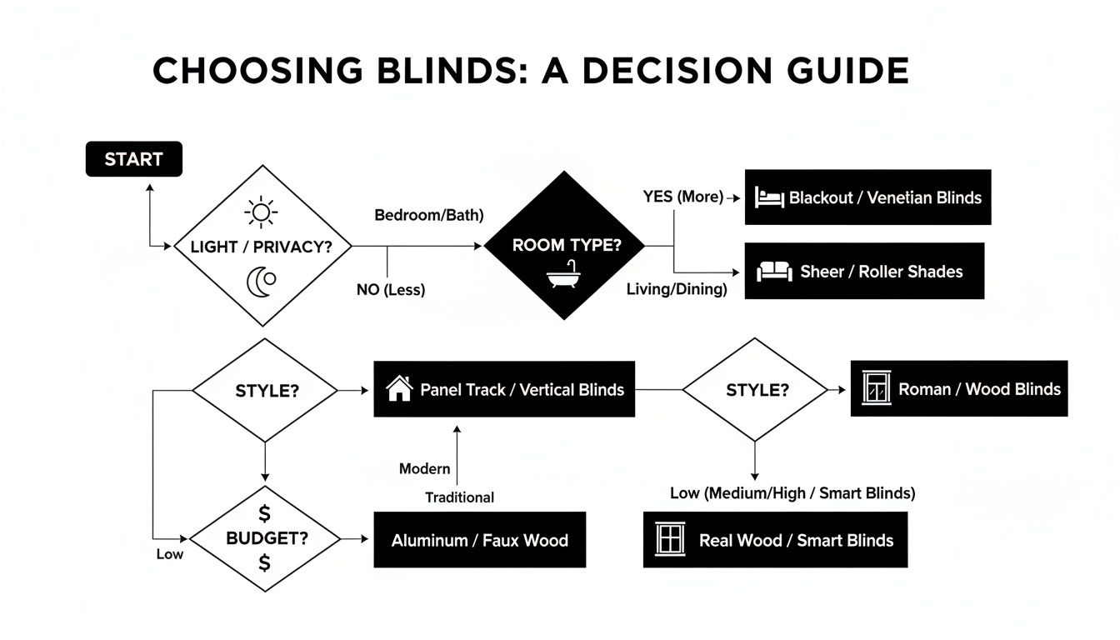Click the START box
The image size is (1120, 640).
[x=133, y=159]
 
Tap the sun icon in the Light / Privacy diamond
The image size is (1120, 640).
[x=261, y=212]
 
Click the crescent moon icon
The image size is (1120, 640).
[x=261, y=282]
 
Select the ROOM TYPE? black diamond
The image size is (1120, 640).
[x=566, y=245]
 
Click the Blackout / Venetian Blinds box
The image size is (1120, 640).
[x=867, y=197]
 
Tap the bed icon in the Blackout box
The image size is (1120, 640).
[x=769, y=198]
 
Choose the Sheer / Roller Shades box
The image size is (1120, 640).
[x=864, y=271]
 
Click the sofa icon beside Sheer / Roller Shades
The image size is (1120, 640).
[x=773, y=272]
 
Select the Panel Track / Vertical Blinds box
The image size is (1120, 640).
[x=504, y=389]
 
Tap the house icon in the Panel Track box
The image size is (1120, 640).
[x=400, y=388]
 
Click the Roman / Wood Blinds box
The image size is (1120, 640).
[x=958, y=389]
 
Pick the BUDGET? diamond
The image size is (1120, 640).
[x=266, y=538]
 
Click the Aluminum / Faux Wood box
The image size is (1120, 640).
[x=479, y=540]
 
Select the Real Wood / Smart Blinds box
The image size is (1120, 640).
[x=775, y=540]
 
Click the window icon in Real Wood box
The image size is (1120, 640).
[x=670, y=540]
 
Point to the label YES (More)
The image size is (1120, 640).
[x=682, y=197]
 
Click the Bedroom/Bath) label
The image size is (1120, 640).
[x=428, y=215]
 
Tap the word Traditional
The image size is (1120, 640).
[x=459, y=497]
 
